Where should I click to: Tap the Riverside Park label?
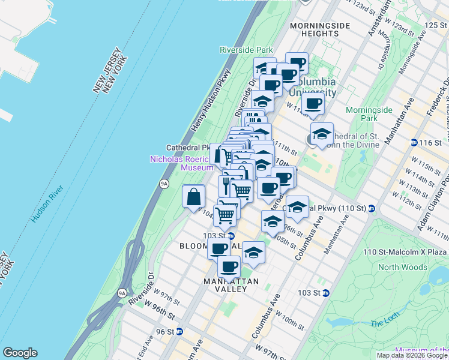coord(246,50)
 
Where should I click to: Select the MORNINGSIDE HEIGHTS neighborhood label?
coord(314,29)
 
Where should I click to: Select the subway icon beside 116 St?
coord(414,142)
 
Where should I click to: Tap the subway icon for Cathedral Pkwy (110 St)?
coord(372,209)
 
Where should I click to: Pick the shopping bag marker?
coord(194,196)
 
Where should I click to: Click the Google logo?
coord(20,353)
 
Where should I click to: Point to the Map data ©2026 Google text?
coord(412,355)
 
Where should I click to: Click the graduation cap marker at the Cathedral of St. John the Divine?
coord(322,134)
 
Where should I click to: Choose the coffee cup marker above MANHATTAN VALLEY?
coord(229,266)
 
